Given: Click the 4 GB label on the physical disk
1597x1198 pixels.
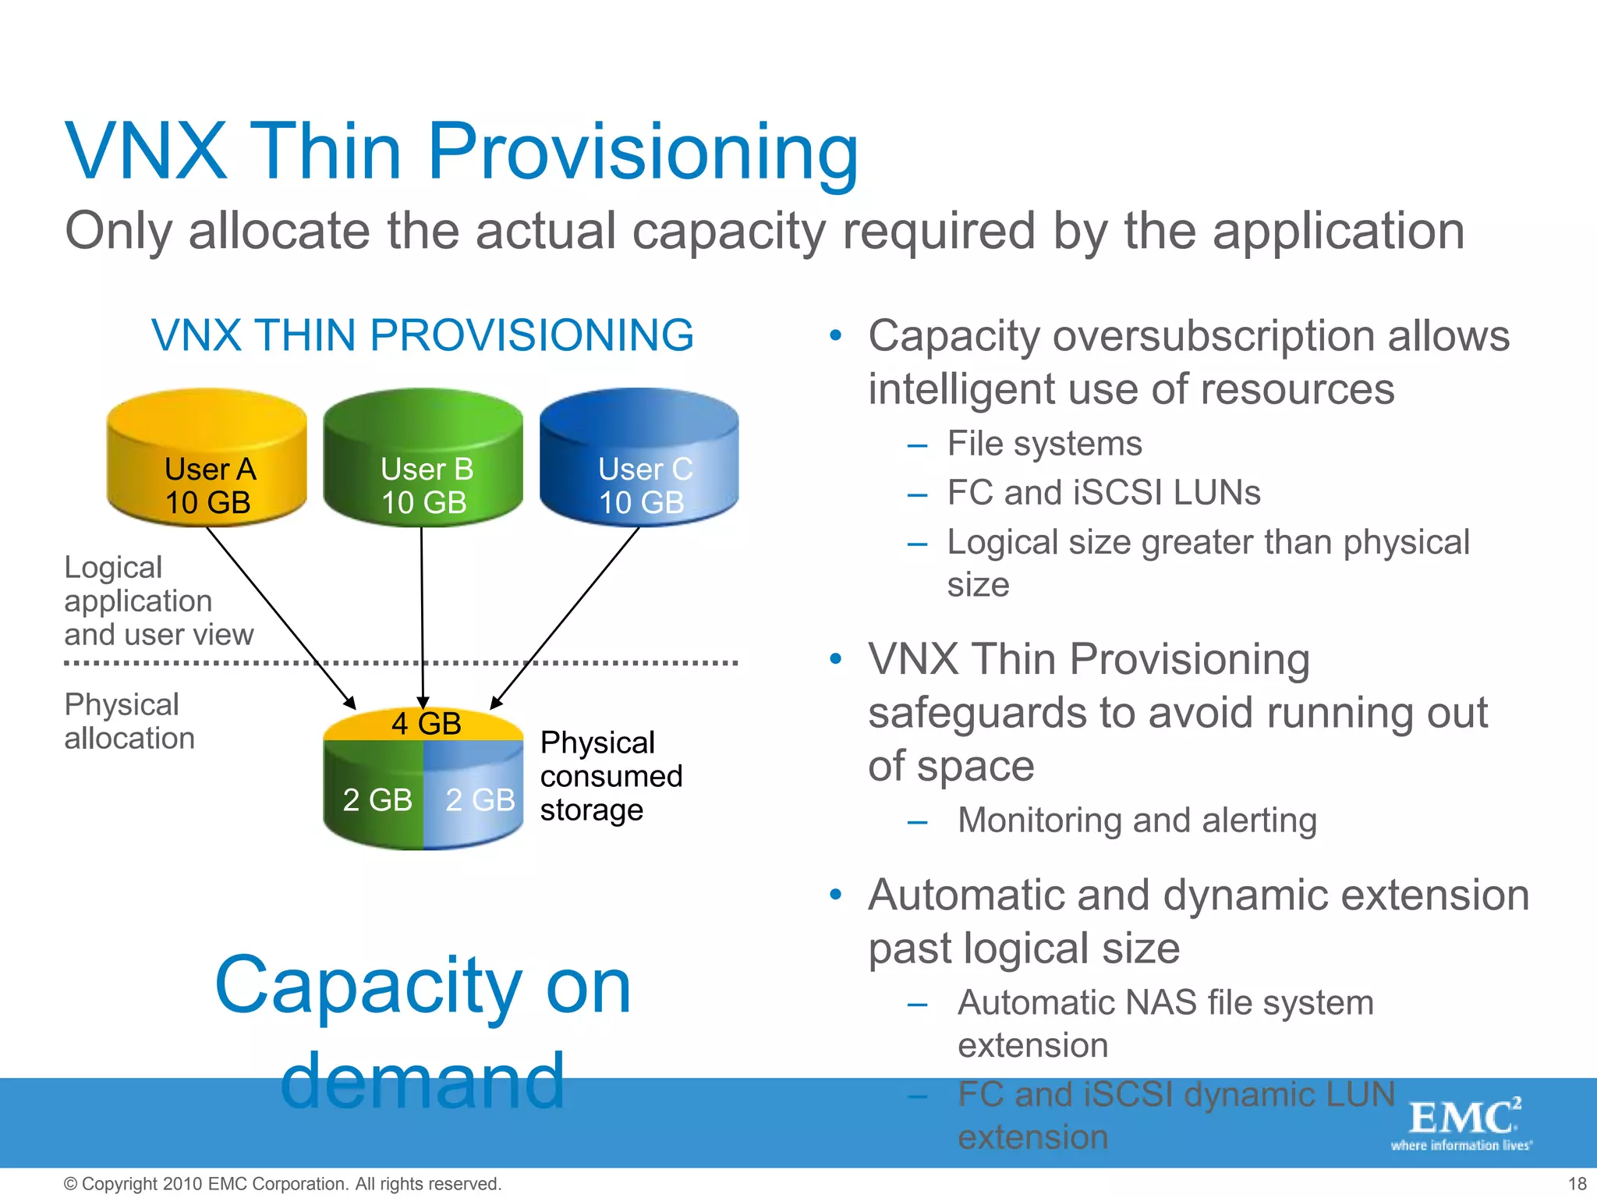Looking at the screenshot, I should pyautogui.click(x=426, y=724).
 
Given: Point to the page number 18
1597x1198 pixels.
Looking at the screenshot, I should pyautogui.click(x=1577, y=1184).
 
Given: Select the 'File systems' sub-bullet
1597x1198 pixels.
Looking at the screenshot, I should pyautogui.click(x=1043, y=444).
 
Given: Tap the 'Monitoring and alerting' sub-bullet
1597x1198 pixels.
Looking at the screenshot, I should pyautogui.click(x=1136, y=821).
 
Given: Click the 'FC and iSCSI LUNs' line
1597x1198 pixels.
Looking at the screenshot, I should pyautogui.click(x=1103, y=493).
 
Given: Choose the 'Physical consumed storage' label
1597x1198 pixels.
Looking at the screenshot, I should pyautogui.click(x=611, y=776).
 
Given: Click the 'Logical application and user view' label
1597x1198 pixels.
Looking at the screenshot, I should pyautogui.click(x=158, y=601).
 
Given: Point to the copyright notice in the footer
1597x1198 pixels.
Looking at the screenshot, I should pyautogui.click(x=282, y=1184).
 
